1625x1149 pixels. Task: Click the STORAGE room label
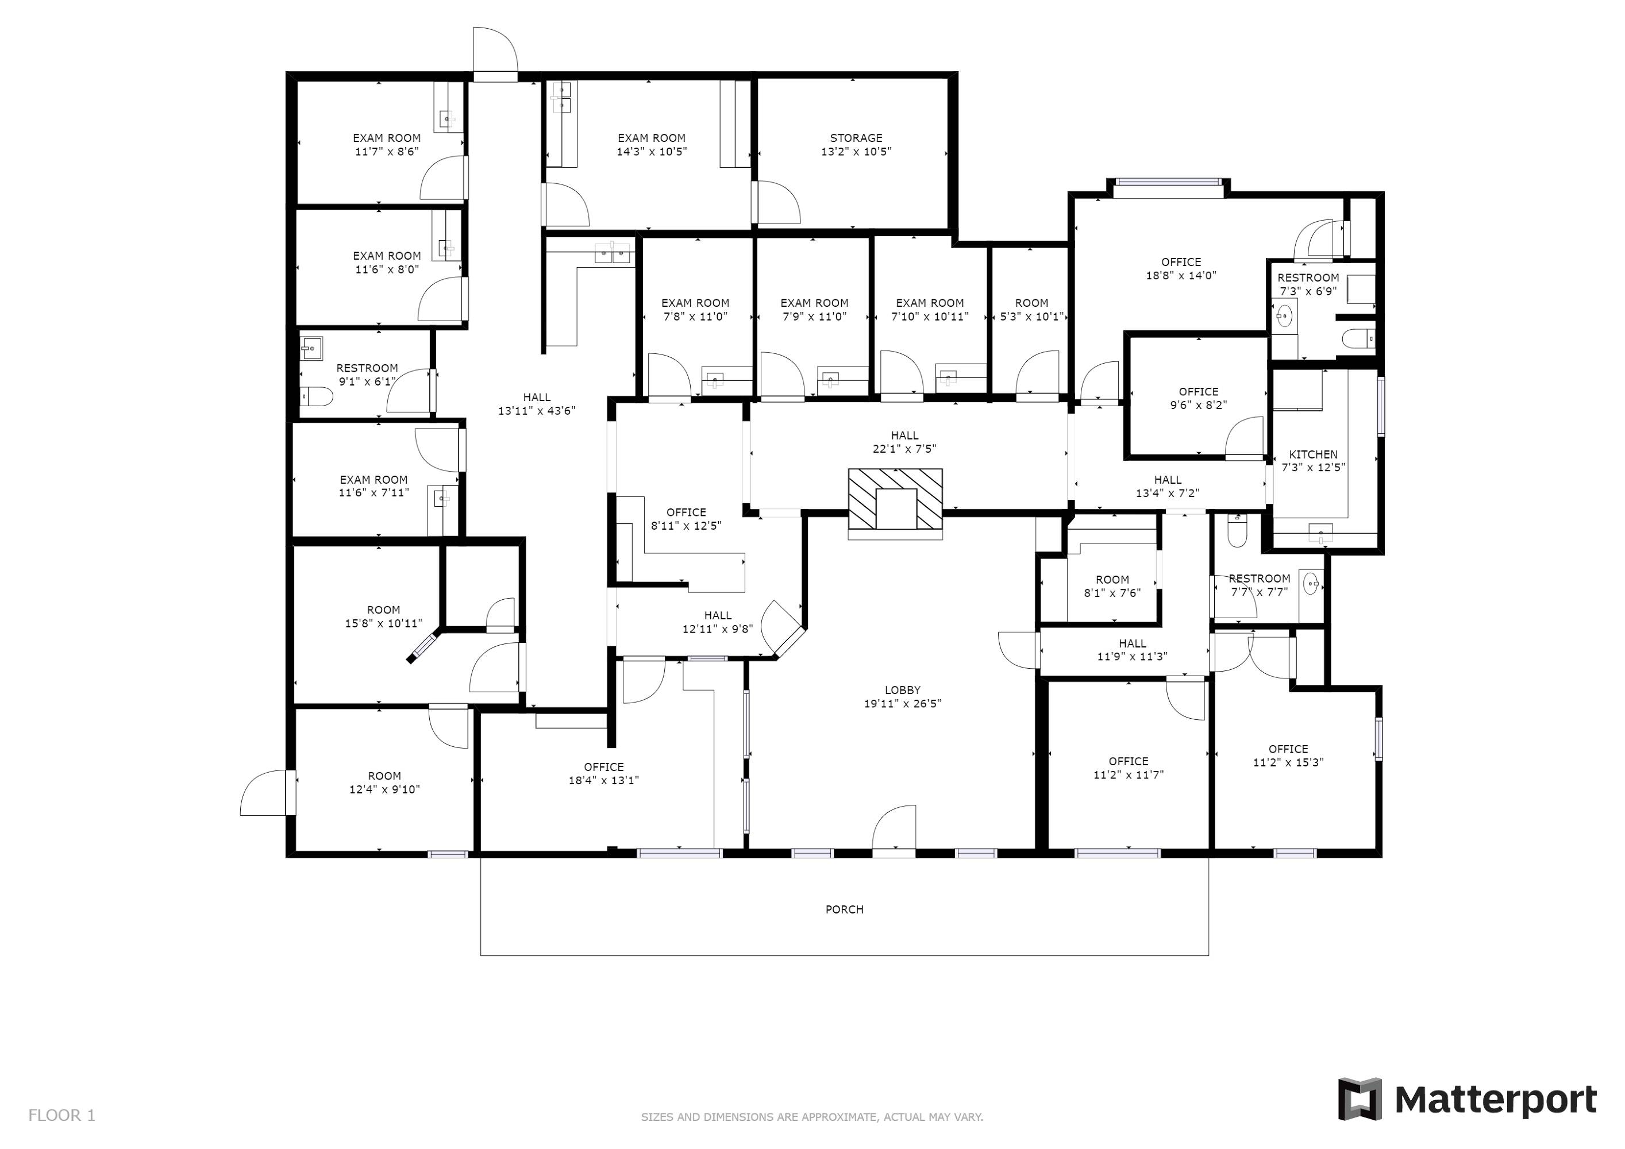856,138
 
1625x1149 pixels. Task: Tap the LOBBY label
902,690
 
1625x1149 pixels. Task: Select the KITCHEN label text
1313,454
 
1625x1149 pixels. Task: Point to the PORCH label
844,909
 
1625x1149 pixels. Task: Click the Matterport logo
1467,1100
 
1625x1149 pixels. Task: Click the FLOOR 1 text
61,1116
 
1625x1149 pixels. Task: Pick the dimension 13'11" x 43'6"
537,410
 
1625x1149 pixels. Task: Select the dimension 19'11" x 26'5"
902,703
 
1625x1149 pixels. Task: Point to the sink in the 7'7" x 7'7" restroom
1311,584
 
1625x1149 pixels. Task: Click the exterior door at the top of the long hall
495,53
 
